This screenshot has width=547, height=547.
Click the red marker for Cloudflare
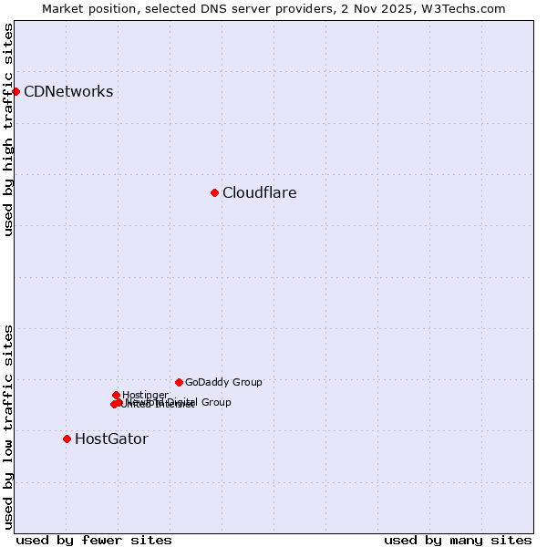pos(214,192)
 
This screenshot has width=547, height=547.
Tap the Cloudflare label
pos(259,192)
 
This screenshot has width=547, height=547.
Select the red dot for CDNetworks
pos(15,91)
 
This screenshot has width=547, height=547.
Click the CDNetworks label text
pos(68,91)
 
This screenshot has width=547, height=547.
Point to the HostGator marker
pos(67,439)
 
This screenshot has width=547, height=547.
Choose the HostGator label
pos(111,439)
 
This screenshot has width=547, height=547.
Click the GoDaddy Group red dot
pos(179,382)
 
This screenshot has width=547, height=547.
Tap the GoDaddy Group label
pos(223,383)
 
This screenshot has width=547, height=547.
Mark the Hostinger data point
pos(116,395)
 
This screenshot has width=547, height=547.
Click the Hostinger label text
pos(145,395)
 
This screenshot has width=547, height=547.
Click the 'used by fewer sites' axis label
pos(94,540)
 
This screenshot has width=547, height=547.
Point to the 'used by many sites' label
pos(458,540)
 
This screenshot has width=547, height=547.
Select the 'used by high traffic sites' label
pos(8,129)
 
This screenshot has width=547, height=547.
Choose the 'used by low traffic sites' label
pos(8,426)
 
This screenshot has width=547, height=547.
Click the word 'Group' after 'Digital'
pos(215,402)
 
